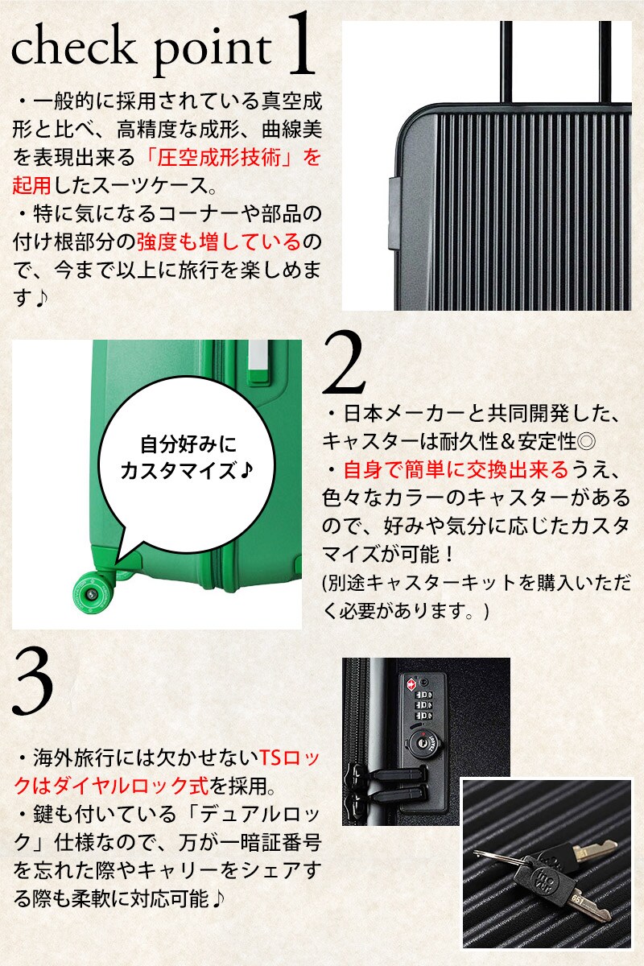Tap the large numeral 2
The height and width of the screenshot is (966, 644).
[x=344, y=363]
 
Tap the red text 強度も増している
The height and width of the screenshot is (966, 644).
[x=219, y=242]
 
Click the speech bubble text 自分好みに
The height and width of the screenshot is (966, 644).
[x=188, y=444]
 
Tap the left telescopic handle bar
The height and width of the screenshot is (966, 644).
[x=506, y=62]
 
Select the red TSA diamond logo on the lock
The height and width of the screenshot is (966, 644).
[x=411, y=683]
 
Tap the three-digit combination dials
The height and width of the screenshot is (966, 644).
[x=423, y=704]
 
